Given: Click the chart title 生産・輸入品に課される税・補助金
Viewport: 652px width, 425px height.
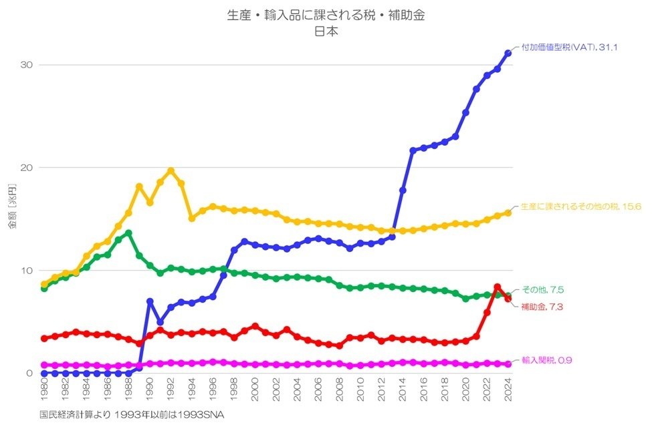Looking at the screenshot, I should coord(326,15).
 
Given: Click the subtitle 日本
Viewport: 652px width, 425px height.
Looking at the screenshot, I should coord(326,30).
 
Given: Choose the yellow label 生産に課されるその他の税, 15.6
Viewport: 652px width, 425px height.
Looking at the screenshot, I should coord(581,206).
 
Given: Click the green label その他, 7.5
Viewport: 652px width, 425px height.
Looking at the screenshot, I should coord(542,290).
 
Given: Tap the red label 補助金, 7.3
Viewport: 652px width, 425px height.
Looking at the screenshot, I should coord(542,306).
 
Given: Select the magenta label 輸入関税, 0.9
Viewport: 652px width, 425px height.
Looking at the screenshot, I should coord(546,360).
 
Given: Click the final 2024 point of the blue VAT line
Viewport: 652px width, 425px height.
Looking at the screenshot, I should coord(508,53).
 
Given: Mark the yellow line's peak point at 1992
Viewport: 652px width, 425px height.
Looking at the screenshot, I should coord(171,170).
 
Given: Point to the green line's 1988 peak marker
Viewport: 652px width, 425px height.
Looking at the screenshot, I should coord(128,233).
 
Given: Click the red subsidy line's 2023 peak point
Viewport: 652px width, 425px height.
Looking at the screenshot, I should coord(497,287).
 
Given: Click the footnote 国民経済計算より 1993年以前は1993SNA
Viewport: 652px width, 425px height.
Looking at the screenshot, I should coord(132,415).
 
